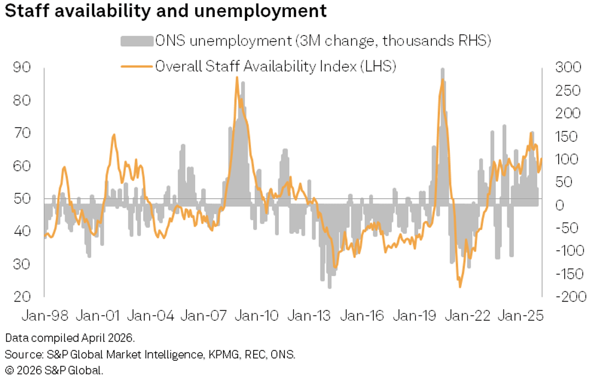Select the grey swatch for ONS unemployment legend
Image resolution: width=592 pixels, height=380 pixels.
pyautogui.click(x=136, y=41)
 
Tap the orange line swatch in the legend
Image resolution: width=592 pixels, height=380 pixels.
pyautogui.click(x=136, y=66)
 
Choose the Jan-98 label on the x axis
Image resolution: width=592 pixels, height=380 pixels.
pyautogui.click(x=45, y=316)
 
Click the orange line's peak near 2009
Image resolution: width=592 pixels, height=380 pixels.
pyautogui.click(x=237, y=78)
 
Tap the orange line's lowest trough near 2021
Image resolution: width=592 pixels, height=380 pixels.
pyautogui.click(x=460, y=286)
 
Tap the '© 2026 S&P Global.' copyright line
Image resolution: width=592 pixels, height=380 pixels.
pyautogui.click(x=54, y=371)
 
